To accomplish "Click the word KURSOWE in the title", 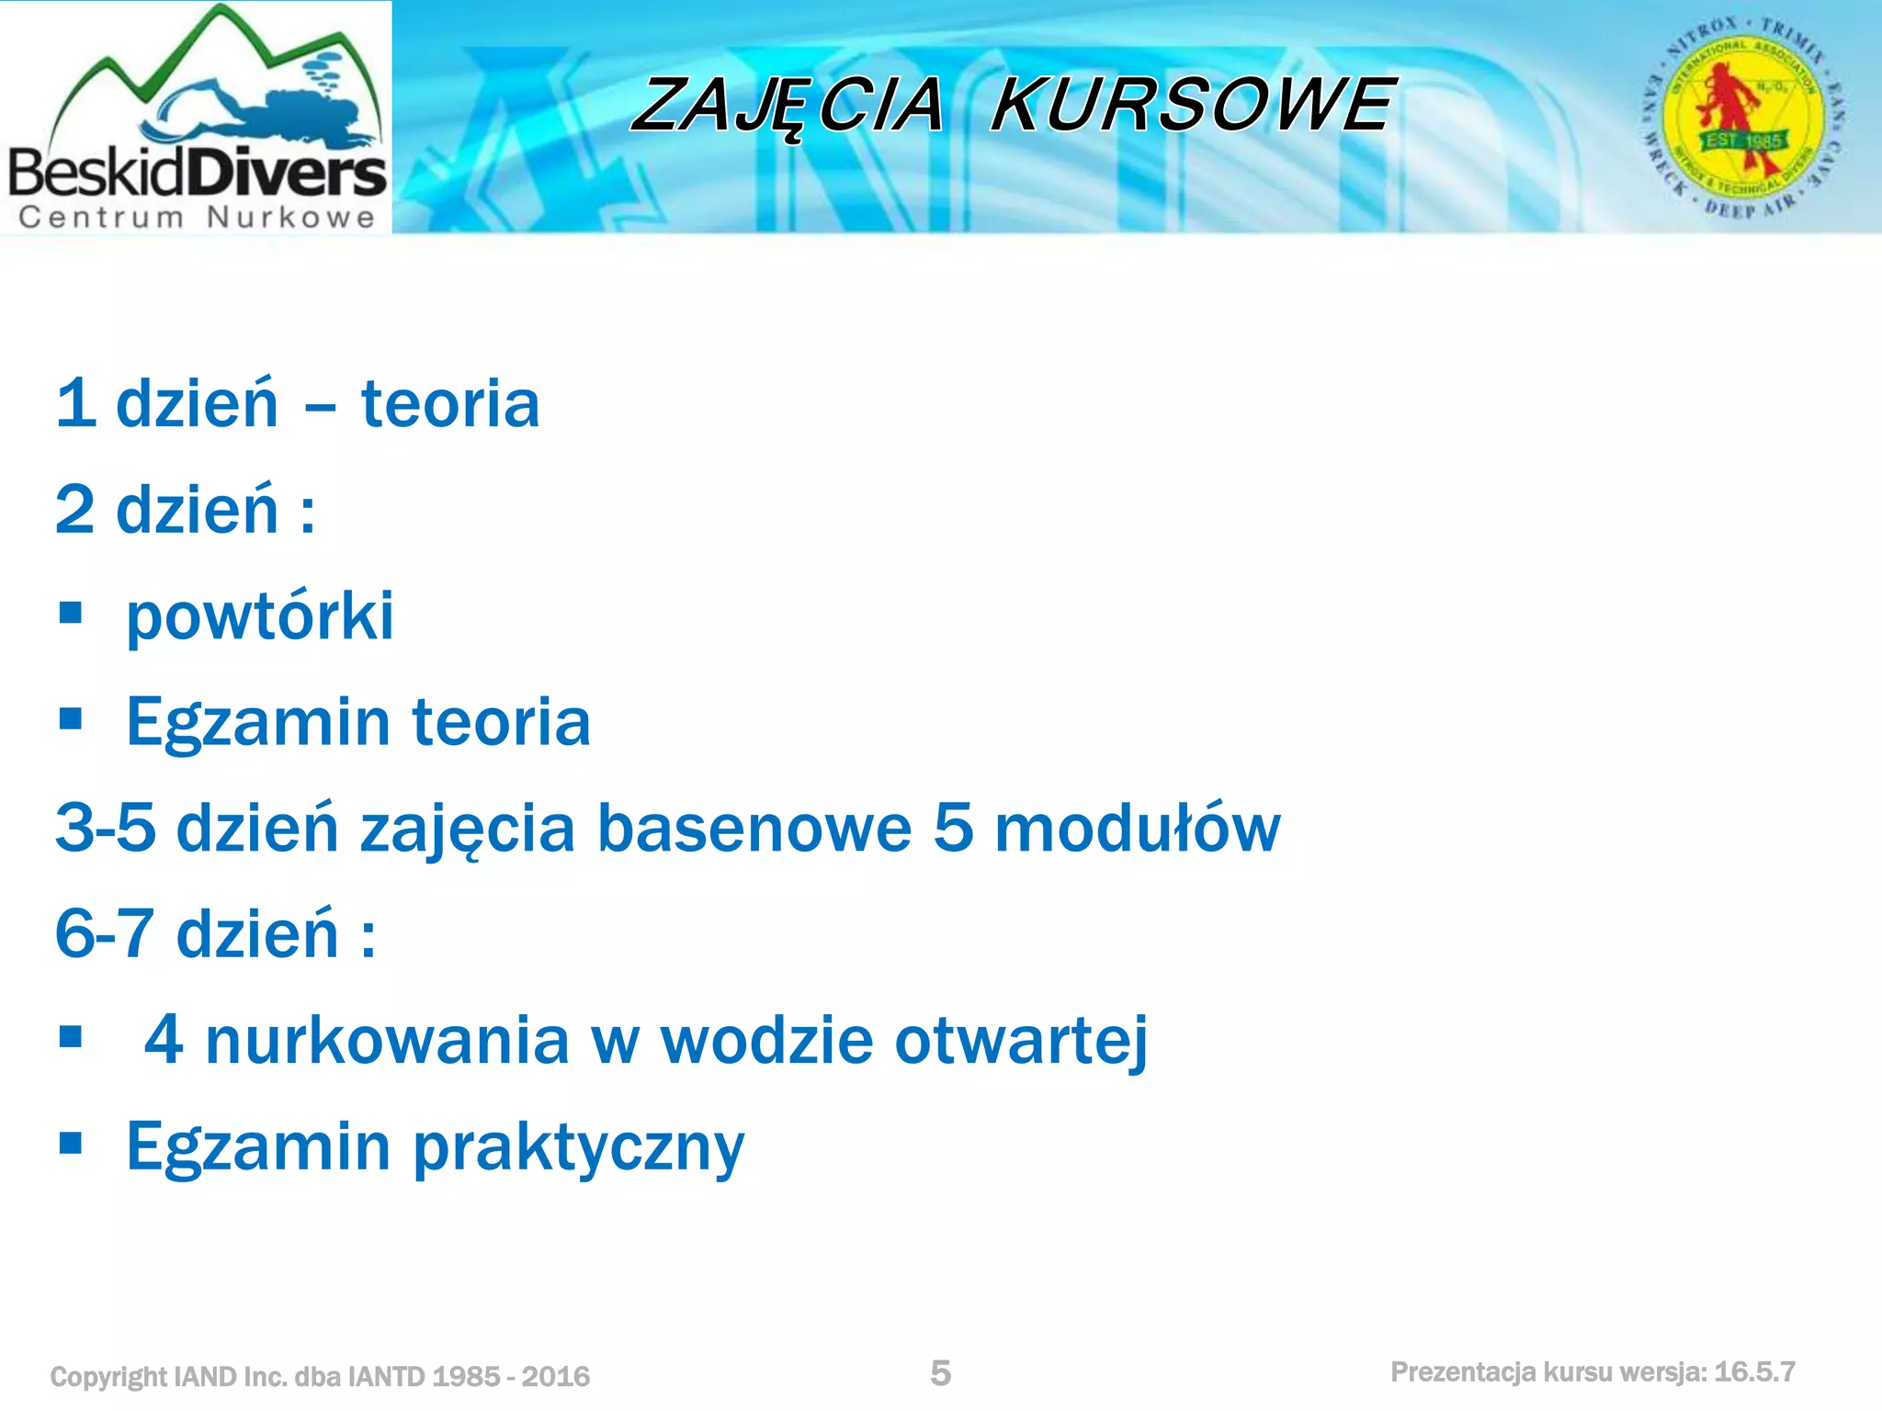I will pyautogui.click(x=1192, y=104).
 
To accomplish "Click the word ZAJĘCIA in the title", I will pyautogui.click(x=788, y=106).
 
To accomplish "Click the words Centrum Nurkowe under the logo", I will pyautogui.click(x=197, y=217).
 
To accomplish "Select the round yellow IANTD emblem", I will pyautogui.click(x=1742, y=117).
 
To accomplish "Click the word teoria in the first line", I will pyautogui.click(x=450, y=404).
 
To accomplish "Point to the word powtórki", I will pyautogui.click(x=260, y=616).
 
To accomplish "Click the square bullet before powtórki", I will pyautogui.click(x=71, y=613).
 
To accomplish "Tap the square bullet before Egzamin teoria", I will pyautogui.click(x=71, y=718).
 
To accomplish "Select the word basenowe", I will pyautogui.click(x=754, y=829).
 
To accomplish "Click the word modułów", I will pyautogui.click(x=1138, y=829).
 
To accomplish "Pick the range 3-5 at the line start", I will pyautogui.click(x=105, y=829).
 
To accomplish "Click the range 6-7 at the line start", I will pyautogui.click(x=105, y=934).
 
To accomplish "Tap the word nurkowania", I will pyautogui.click(x=387, y=1041).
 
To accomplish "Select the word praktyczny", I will pyautogui.click(x=578, y=1149).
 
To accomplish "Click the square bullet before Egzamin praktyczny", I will pyautogui.click(x=71, y=1143).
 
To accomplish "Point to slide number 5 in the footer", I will pyautogui.click(x=940, y=1373).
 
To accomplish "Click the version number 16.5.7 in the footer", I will pyautogui.click(x=1754, y=1372).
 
